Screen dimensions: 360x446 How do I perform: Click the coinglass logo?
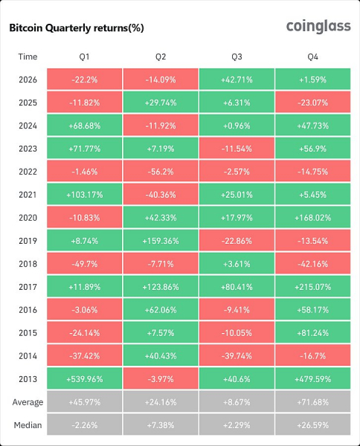[x=318, y=27]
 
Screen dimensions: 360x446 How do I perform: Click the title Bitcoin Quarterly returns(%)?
[x=77, y=28]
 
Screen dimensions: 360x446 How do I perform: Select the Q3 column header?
[x=237, y=57]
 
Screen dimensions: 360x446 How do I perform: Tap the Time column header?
[x=28, y=56]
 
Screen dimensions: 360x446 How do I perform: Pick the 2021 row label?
[x=28, y=195]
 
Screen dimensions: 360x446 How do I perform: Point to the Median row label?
[x=28, y=425]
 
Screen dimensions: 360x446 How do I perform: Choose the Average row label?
[x=28, y=402]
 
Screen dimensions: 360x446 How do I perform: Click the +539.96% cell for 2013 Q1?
[x=85, y=378]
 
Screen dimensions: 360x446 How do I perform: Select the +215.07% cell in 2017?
[x=312, y=286]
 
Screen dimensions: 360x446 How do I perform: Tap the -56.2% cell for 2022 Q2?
[x=161, y=171]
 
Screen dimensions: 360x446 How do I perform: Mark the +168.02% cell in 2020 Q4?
[x=312, y=217]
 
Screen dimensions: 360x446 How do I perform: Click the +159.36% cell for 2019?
[x=161, y=240]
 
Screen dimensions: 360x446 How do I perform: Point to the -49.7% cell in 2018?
[x=85, y=263]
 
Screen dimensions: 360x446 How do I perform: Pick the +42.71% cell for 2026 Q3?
[x=237, y=79]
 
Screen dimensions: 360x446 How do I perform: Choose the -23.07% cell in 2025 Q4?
[x=312, y=102]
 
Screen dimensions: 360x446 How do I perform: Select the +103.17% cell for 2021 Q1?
[x=85, y=194]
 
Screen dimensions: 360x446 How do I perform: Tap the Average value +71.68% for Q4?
[x=312, y=401]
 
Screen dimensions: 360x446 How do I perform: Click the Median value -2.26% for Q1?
[x=85, y=424]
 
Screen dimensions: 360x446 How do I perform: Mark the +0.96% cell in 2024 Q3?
[x=237, y=125]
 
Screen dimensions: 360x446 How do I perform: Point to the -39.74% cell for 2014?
[x=237, y=355]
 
